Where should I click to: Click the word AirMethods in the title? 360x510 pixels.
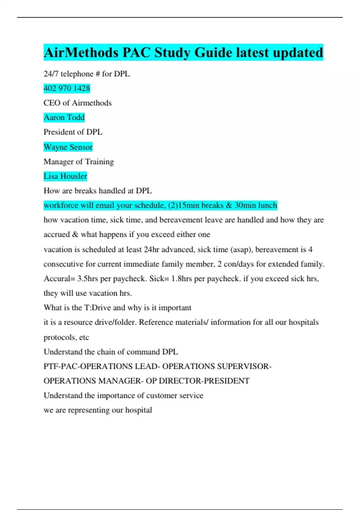tap(81, 52)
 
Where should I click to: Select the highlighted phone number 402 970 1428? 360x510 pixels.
tap(67, 88)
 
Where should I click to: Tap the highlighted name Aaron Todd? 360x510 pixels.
tap(64, 117)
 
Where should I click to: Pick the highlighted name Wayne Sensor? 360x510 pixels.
tap(68, 147)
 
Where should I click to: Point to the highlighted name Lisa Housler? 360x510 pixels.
tap(65, 176)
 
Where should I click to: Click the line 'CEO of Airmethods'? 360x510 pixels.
tap(77, 103)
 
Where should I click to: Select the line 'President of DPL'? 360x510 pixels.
tap(73, 132)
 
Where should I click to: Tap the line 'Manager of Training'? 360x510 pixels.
tap(79, 162)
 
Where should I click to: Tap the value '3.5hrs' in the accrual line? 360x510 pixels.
tap(88, 279)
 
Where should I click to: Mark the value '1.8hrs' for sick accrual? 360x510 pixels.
tap(181, 279)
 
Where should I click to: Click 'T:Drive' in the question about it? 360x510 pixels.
tap(97, 308)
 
